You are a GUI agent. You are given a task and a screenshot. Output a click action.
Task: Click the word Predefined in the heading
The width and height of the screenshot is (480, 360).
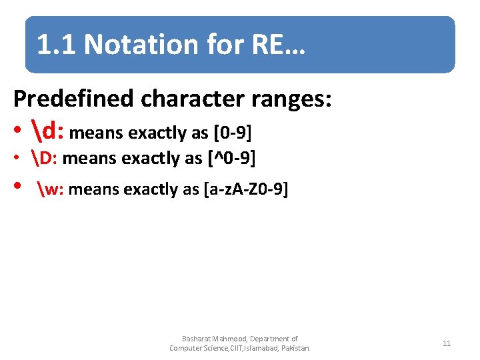74,99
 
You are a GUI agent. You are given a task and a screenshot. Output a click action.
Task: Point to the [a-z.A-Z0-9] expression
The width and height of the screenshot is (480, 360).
245,189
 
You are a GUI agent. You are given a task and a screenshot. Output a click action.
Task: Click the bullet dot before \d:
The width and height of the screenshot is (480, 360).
18,132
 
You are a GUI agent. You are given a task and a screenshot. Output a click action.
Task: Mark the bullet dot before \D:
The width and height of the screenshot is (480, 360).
18,159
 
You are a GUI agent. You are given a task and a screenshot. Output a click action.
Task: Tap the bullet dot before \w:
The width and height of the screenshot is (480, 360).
18,189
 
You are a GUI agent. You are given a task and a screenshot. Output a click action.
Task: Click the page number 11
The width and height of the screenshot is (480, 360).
447,343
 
